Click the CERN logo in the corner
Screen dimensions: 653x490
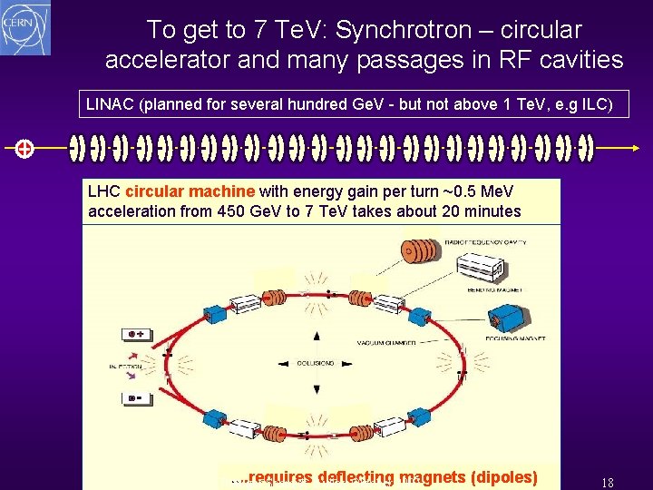pos(26,27)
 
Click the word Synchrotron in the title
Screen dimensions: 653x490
pos(392,30)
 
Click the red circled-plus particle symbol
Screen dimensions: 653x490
pos(24,149)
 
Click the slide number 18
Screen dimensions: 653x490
pos(608,483)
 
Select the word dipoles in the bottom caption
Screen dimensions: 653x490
pos(501,477)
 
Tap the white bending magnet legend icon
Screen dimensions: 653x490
pos(478,267)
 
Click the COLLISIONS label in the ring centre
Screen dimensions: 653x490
pos(317,363)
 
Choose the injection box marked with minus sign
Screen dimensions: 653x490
pos(139,397)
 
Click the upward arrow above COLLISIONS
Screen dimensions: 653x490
pos(317,338)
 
